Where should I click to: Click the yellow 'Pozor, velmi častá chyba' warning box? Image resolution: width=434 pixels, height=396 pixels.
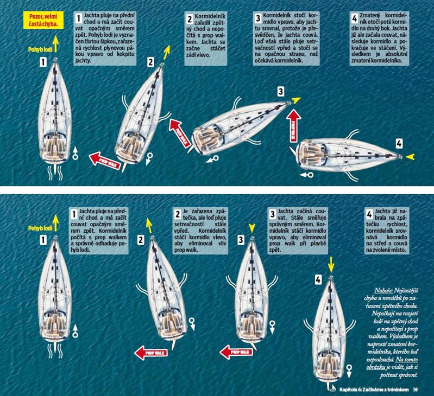(x=43, y=20)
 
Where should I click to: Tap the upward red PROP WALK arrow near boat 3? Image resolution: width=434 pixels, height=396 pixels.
(x=293, y=126)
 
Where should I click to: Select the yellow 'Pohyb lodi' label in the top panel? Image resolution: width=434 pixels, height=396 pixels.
(x=40, y=50)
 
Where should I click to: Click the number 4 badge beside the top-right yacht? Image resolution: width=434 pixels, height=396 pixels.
(x=399, y=143)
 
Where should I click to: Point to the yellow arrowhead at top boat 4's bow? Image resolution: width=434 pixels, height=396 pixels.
(x=411, y=157)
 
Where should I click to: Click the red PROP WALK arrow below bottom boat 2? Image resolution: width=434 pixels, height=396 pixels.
(x=151, y=353)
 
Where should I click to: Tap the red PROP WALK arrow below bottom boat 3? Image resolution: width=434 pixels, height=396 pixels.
(x=236, y=353)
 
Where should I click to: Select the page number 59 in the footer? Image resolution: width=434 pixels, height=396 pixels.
(x=416, y=389)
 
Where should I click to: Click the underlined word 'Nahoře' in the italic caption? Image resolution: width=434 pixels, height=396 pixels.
(x=383, y=291)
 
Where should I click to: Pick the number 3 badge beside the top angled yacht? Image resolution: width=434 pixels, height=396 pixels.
(x=281, y=91)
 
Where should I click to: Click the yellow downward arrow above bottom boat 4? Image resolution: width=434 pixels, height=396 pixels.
(x=331, y=265)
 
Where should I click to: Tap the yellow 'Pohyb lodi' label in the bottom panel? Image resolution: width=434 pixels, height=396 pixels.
(x=40, y=228)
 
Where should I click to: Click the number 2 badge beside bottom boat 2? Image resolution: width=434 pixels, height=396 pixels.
(x=141, y=240)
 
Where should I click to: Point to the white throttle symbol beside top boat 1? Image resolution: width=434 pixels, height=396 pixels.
(x=75, y=154)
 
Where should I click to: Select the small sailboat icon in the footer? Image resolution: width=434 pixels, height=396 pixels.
(x=331, y=387)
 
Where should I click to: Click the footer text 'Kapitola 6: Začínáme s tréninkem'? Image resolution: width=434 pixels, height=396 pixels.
(x=374, y=389)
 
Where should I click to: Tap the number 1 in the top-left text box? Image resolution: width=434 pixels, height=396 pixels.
(x=79, y=18)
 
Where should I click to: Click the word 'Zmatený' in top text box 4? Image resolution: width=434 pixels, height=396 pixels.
(x=370, y=15)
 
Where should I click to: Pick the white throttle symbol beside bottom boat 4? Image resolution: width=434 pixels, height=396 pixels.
(x=349, y=371)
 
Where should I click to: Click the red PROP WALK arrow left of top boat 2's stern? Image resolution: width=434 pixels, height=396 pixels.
(x=105, y=161)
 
